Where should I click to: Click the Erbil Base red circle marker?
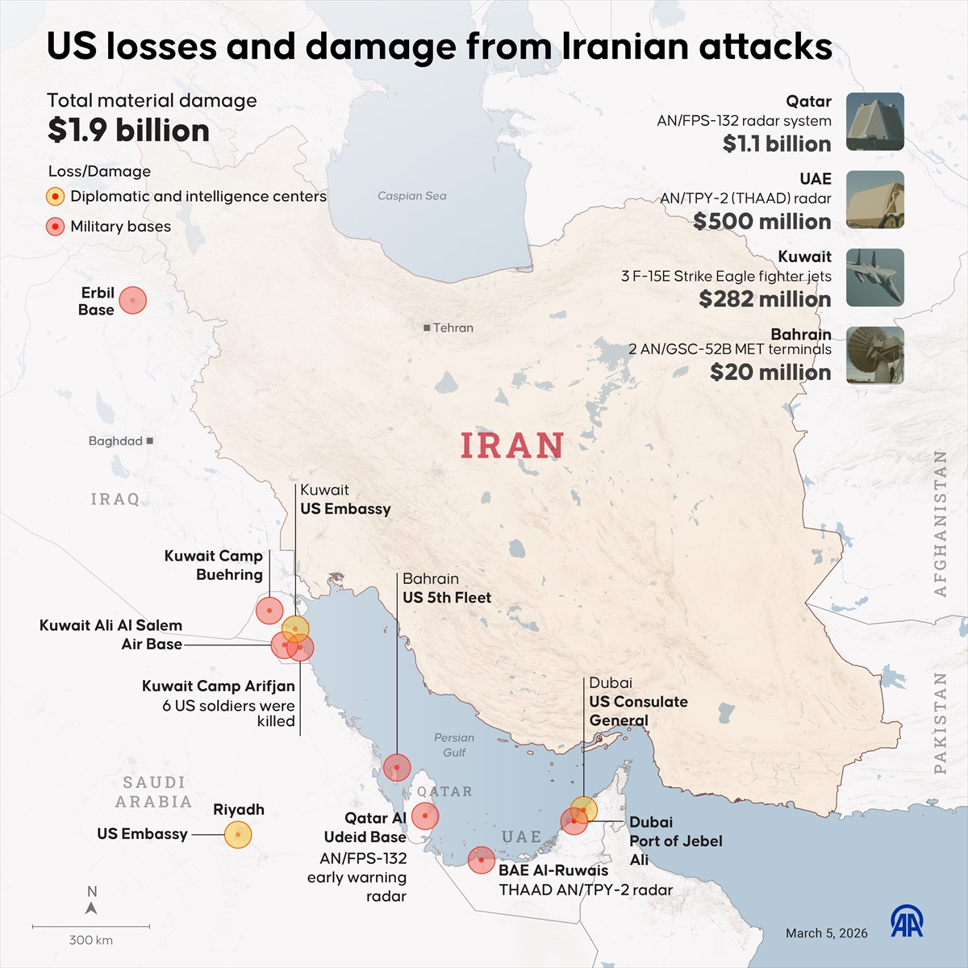(x=133, y=300)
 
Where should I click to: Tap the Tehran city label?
(x=453, y=328)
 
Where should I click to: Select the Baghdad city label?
(x=115, y=440)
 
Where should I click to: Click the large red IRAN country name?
(x=512, y=446)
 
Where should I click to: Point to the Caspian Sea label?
(x=411, y=195)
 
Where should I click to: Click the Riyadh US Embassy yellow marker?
(x=237, y=834)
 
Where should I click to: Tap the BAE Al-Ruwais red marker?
(x=482, y=860)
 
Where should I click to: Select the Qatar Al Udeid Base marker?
(x=425, y=816)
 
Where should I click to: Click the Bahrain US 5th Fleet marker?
(x=397, y=767)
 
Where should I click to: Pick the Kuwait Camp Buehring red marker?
(x=269, y=611)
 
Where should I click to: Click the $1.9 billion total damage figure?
(x=128, y=131)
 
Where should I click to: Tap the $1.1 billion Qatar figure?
(x=776, y=144)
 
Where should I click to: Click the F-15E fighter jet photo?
(x=874, y=277)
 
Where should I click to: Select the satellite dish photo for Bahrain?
(x=874, y=355)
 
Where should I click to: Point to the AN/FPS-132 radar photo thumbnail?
(x=874, y=122)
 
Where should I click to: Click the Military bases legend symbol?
(x=55, y=227)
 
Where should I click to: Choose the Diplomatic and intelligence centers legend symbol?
(x=55, y=197)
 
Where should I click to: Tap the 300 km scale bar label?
(x=91, y=940)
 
